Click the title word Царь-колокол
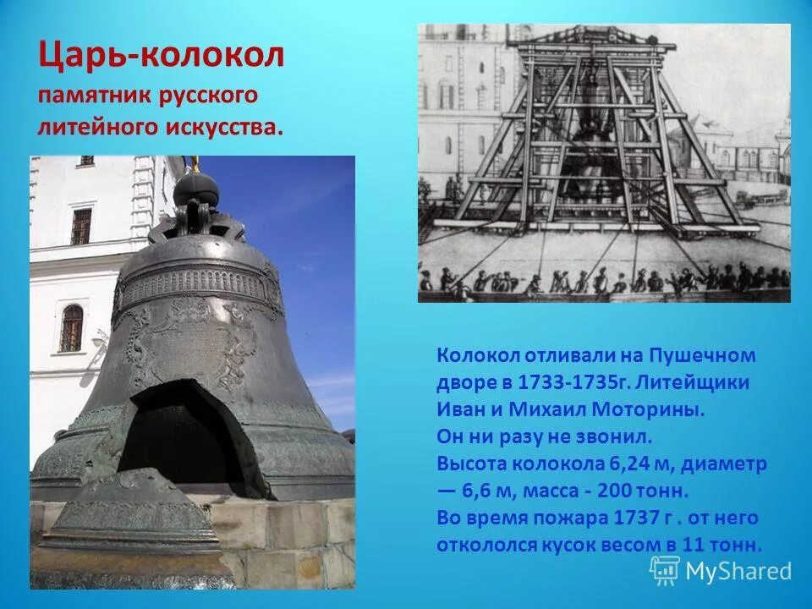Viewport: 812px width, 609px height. click(162, 58)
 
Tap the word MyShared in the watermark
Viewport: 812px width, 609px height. click(738, 571)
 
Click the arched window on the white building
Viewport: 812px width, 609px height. click(72, 328)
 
